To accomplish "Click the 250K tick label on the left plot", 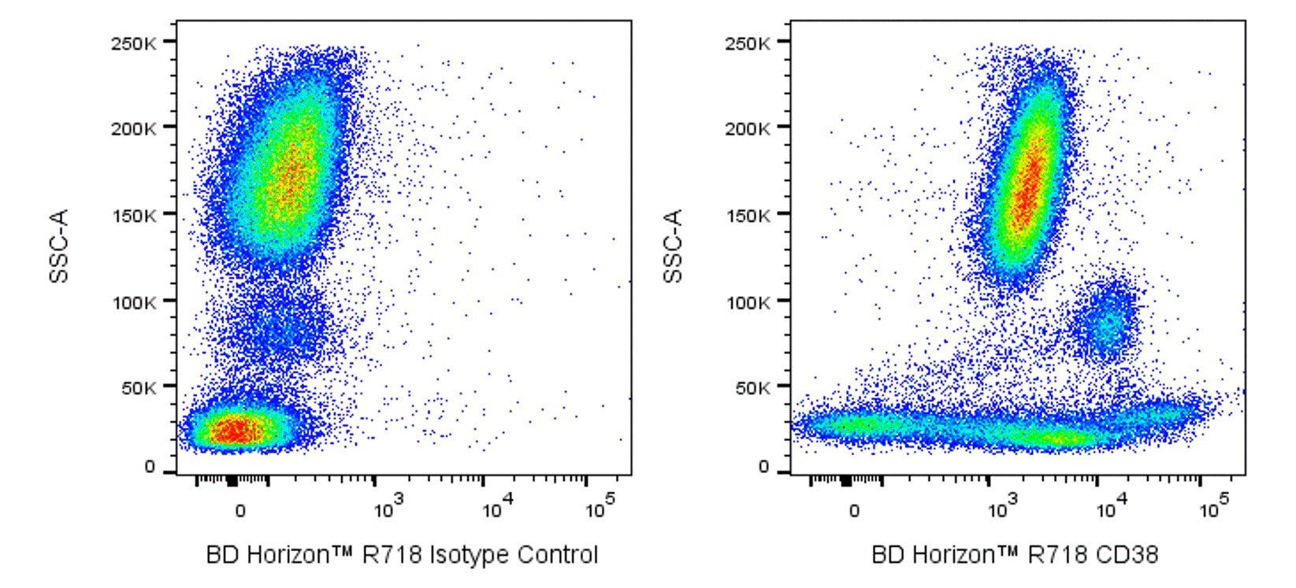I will (133, 43).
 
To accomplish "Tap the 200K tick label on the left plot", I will (133, 128).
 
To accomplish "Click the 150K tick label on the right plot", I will (748, 215).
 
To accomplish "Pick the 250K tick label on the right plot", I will (748, 43).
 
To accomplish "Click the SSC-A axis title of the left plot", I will (59, 246).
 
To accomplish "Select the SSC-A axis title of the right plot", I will (673, 246).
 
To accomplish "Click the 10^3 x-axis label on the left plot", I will (388, 508).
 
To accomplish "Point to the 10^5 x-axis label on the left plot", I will (600, 508).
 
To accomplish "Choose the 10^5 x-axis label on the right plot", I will (1214, 508).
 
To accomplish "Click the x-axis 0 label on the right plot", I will (854, 511).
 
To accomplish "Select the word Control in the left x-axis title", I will (558, 555).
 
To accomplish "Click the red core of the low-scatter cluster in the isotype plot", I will (235, 431).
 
